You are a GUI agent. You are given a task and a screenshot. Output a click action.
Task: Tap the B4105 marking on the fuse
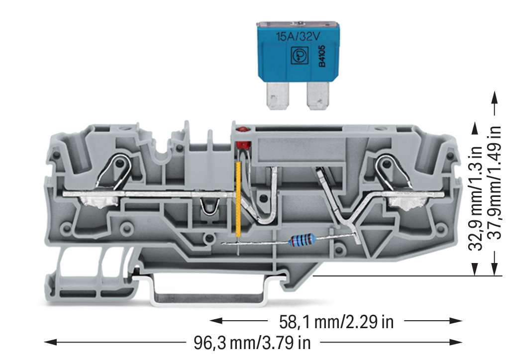[322, 56]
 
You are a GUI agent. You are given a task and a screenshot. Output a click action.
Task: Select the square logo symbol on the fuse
[298, 56]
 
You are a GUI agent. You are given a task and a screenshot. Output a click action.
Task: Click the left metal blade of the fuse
[278, 95]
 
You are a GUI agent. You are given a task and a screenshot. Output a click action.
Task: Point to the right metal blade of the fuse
[318, 95]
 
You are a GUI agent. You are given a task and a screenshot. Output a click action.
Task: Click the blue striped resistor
[302, 240]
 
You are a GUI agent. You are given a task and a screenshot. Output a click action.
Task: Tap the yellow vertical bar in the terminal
[239, 200]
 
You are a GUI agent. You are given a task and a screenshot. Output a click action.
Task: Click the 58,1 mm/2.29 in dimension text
[336, 322]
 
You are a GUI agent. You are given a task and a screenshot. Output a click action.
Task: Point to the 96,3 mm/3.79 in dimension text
[252, 342]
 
